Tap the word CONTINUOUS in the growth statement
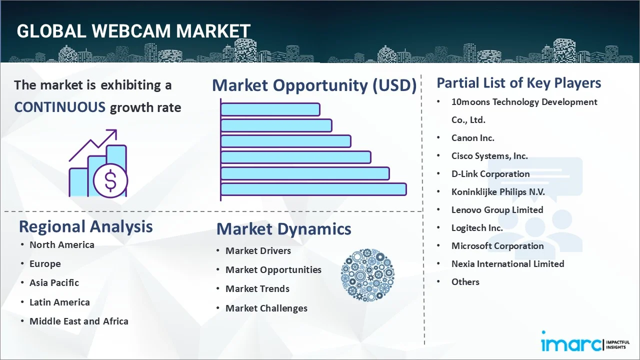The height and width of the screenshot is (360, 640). (x=60, y=107)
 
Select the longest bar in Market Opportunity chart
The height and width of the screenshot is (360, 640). (x=313, y=189)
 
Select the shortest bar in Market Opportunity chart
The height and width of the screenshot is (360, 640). (x=270, y=109)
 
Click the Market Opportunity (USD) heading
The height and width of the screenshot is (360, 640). (x=314, y=85)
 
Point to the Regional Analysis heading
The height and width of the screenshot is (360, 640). (x=85, y=226)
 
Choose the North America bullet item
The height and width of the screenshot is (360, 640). (x=61, y=244)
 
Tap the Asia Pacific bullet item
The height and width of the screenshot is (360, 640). (x=54, y=282)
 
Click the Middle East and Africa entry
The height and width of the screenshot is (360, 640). (x=78, y=321)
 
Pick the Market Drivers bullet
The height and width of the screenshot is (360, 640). (x=258, y=250)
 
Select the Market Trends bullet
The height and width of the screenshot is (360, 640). (x=257, y=288)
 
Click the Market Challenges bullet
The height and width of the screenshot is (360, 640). (x=266, y=308)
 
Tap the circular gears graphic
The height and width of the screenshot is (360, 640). (x=367, y=275)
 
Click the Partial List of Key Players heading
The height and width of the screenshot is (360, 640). (x=518, y=82)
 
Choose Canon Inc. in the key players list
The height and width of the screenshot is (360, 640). (x=472, y=137)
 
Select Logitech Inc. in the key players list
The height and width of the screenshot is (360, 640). (x=477, y=227)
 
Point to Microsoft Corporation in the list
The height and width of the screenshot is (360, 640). (x=497, y=245)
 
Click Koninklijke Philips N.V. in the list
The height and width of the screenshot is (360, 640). (x=498, y=191)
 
